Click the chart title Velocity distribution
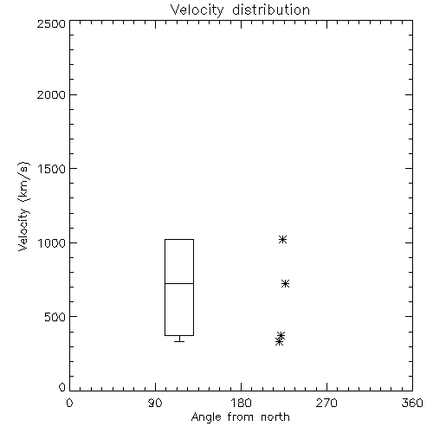tap(240, 10)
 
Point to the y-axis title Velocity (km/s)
tap(23, 206)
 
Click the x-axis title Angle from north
tap(240, 417)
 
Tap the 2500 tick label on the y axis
tap(51, 23)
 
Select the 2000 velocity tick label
tap(51, 94)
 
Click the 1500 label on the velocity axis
tap(52, 169)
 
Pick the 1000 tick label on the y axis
tap(52, 242)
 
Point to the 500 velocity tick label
tap(55, 317)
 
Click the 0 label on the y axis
tap(62, 387)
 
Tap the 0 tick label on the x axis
tap(69, 403)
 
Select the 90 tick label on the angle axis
tap(155, 403)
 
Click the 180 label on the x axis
tap(241, 403)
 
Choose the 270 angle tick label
tap(326, 403)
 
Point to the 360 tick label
tap(412, 403)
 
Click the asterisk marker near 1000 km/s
tap(283, 239)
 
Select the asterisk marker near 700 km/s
tap(285, 284)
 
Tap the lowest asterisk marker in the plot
tap(279, 342)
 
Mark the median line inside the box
tap(179, 283)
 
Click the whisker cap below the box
tap(179, 341)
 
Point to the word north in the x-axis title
tap(275, 417)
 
